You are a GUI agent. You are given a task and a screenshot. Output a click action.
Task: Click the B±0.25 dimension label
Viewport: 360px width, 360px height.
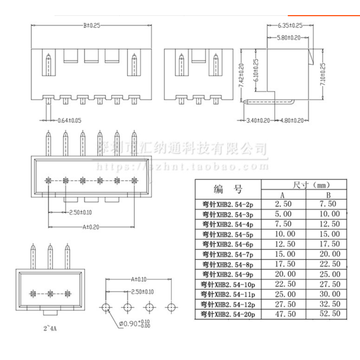tap(91, 26)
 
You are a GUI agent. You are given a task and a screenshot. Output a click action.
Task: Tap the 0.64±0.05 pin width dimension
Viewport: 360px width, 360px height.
tap(69, 120)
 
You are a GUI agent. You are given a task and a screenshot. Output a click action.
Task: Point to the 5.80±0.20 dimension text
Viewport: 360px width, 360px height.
tap(288, 38)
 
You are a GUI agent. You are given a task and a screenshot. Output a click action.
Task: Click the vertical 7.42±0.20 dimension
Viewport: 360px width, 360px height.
tap(241, 76)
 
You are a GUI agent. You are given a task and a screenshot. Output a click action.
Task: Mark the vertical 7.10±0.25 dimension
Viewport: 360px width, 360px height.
tap(323, 76)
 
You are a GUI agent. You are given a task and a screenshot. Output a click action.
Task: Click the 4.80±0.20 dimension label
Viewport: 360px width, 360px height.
tap(291, 120)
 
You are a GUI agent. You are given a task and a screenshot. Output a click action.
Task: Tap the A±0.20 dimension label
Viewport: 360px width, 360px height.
tap(91, 227)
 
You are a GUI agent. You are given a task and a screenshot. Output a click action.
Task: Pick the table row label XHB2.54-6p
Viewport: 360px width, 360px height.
tap(227, 244)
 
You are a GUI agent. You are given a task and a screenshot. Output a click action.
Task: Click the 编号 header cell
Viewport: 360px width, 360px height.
tap(228, 189)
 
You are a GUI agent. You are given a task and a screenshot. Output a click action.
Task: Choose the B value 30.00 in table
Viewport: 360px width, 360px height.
tap(329, 294)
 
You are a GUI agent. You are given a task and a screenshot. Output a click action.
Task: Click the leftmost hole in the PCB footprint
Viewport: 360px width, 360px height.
tap(105, 307)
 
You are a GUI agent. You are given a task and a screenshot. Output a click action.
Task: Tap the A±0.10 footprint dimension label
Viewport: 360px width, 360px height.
tap(139, 279)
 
